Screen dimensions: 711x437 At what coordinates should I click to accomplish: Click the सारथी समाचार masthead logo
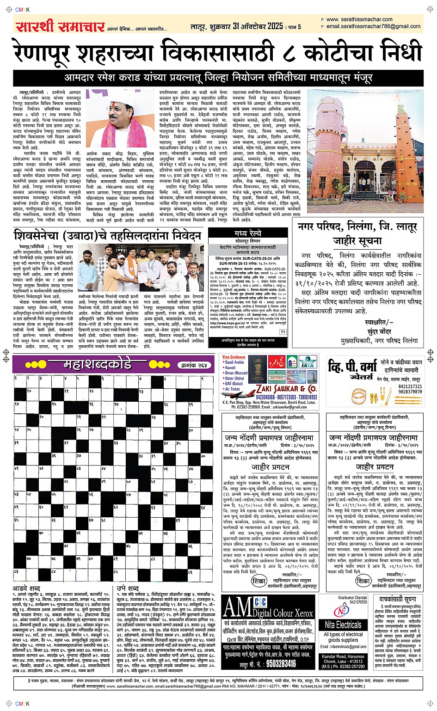coord(60,26)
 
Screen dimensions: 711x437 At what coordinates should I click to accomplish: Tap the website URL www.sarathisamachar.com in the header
coord(359,19)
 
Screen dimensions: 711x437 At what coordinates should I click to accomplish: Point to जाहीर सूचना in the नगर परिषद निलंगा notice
coord(357,240)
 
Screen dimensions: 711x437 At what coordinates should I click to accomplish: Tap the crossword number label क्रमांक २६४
coord(194,365)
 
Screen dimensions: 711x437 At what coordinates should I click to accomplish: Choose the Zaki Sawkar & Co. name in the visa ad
coord(286,389)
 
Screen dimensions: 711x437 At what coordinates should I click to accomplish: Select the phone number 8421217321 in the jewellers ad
coord(410,386)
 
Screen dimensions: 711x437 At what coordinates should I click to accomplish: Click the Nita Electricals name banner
coord(343,625)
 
